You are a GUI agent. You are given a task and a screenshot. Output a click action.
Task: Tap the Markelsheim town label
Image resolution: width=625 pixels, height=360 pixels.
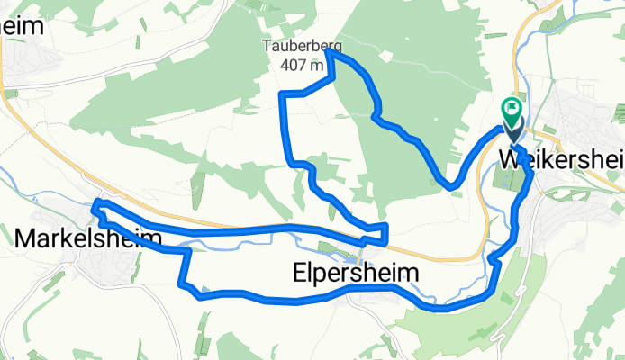[x=88, y=238]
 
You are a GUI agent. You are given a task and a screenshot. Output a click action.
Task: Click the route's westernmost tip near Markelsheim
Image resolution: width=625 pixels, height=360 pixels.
[x=95, y=206]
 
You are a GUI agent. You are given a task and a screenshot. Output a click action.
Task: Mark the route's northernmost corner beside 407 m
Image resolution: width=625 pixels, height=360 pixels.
[x=328, y=53]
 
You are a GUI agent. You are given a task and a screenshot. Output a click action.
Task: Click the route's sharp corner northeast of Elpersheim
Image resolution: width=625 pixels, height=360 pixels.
[x=385, y=225]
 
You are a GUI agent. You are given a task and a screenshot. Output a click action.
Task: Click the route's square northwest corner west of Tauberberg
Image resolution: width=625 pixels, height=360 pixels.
[x=283, y=94]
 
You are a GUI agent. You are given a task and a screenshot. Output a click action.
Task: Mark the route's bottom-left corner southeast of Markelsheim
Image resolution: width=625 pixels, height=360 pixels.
[x=185, y=285]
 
